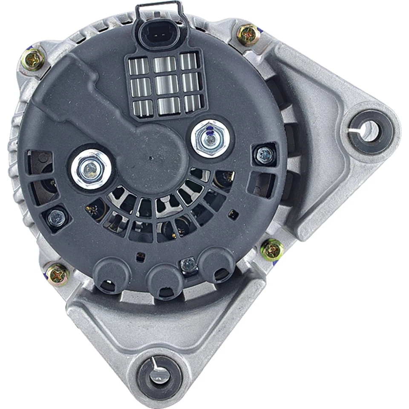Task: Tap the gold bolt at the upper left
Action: (x=32, y=60)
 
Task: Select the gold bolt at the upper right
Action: (x=248, y=35)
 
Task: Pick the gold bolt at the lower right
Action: (x=272, y=250)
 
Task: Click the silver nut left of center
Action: (x=91, y=170)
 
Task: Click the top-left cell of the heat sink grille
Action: (x=139, y=66)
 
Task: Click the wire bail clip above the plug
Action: (x=158, y=9)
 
